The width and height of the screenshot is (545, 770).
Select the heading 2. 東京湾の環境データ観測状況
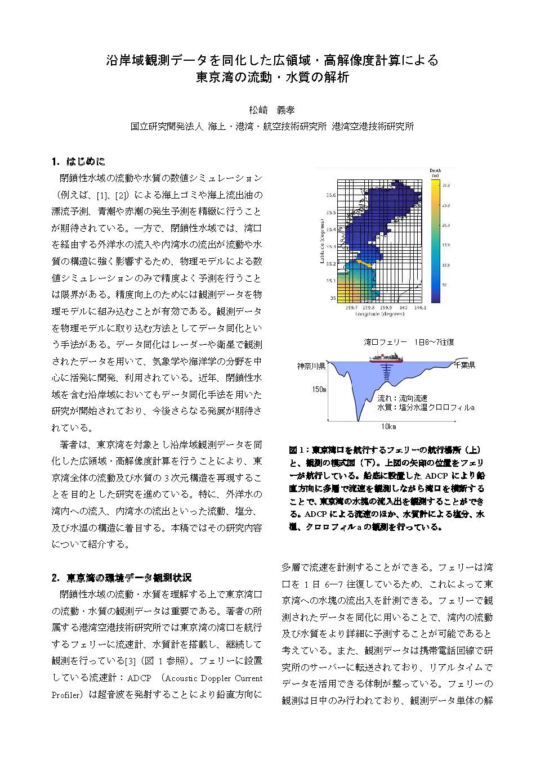pyautogui.click(x=121, y=578)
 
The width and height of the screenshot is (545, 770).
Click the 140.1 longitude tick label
pyautogui.click(x=420, y=308)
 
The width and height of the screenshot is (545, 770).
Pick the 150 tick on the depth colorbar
pyautogui.click(x=445, y=245)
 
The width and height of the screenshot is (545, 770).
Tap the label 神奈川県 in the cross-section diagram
pyautogui.click(x=312, y=366)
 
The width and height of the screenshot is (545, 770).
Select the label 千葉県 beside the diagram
pyautogui.click(x=464, y=365)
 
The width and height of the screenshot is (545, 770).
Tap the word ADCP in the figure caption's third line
pyautogui.click(x=436, y=475)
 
